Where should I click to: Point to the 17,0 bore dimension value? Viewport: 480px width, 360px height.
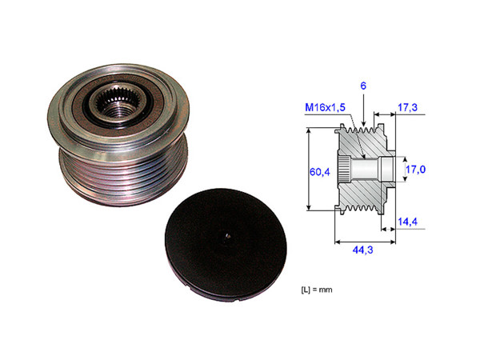[418, 170]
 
